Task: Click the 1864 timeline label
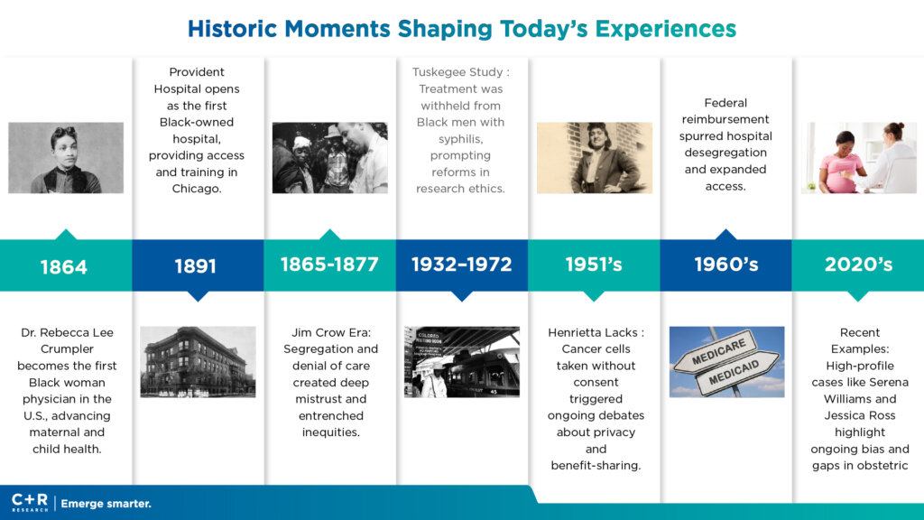point(64,267)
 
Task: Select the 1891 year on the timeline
point(196,266)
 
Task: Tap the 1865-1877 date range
point(329,265)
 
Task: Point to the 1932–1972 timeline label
point(461,265)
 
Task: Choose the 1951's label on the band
point(594,265)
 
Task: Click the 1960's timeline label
point(726,265)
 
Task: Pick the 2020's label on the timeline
point(858,265)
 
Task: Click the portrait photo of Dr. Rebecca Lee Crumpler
point(66,157)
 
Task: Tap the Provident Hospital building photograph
point(198,362)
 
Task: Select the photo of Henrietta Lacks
point(595,157)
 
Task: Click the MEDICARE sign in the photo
point(718,353)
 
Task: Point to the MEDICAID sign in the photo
point(735,373)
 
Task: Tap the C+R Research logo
point(30,503)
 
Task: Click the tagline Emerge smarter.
point(106,504)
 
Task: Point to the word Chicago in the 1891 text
point(196,189)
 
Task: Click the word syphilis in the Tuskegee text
point(460,139)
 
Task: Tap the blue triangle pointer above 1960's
point(726,234)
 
